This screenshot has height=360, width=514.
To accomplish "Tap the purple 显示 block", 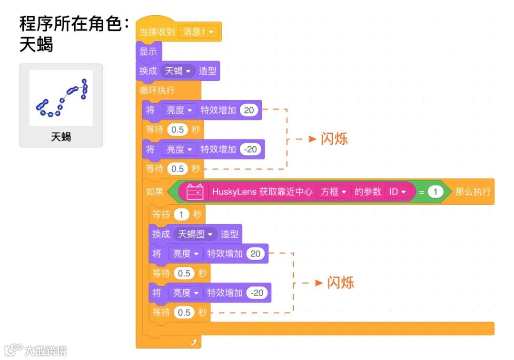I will pos(148,51).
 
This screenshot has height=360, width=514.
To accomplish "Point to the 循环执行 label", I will pos(157,90).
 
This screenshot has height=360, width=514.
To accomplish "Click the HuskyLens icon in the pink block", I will pos(195,191).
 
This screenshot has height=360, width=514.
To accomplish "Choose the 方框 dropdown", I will pos(333,191).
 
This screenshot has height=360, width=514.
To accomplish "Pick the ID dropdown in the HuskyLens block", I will pos(397,191).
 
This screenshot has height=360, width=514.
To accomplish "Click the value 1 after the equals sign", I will pos(435,191).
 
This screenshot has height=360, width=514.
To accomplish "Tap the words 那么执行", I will pos(473,191).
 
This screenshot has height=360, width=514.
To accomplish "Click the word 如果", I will pos(155,191).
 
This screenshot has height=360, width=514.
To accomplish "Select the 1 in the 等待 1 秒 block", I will pos(181,215).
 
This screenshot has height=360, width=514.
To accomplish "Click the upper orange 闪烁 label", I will pos(334,139).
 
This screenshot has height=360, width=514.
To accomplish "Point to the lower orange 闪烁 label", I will pos(341,282).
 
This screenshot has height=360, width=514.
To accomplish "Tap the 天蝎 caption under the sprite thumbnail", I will pos(61,137).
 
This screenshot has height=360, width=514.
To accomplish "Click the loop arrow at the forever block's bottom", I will pos(193,341).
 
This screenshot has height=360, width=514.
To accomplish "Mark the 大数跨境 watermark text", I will pos(46,351).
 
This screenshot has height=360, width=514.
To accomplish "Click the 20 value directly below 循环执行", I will pos(249,110).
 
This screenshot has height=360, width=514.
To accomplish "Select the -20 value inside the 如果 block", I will pos(257,293).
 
